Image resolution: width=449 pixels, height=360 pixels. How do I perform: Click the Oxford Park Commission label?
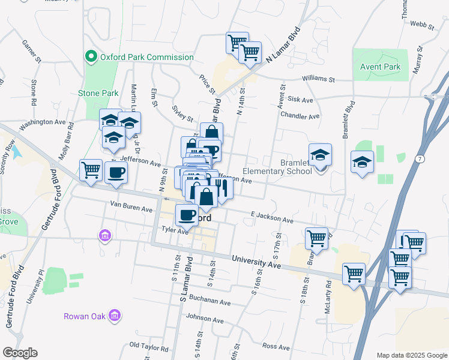tap(146, 58)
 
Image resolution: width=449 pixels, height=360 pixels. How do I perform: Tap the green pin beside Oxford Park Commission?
tap(91, 57)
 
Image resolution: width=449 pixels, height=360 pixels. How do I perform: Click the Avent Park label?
tap(380, 67)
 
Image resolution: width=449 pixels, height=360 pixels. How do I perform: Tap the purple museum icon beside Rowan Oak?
tap(116, 315)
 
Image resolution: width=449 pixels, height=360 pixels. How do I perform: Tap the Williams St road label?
tap(318, 79)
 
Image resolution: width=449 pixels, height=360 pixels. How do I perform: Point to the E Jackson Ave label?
tap(272, 217)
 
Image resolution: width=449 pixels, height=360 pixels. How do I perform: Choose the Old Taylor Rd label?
tap(149, 347)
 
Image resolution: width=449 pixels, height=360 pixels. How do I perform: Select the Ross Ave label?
tap(276, 346)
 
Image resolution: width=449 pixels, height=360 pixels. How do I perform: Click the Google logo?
tap(20, 353)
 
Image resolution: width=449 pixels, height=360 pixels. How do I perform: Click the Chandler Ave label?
tap(300, 116)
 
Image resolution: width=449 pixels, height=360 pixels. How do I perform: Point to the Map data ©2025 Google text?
tap(412, 355)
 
